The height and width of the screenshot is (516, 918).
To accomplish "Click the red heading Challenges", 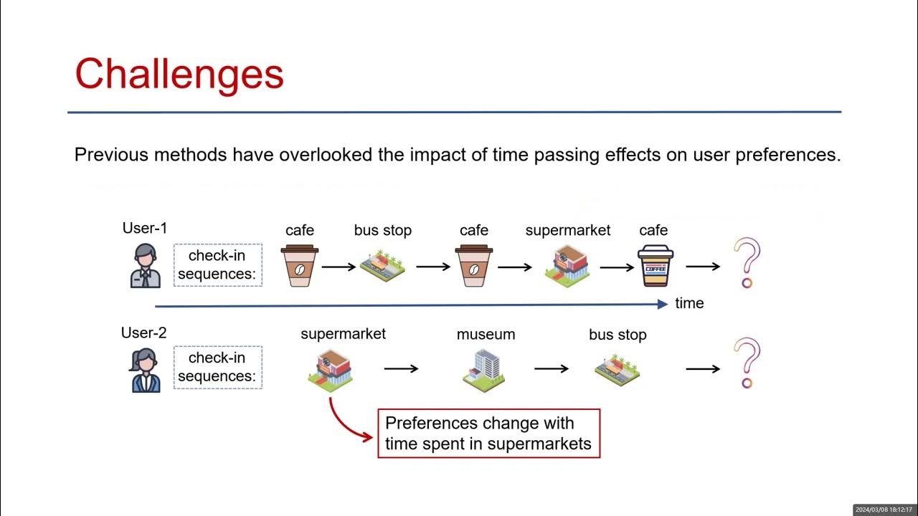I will coord(179,74).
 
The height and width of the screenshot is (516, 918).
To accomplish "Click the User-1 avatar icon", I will coord(146,266).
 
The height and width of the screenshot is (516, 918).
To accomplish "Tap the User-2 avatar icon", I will coord(146,370).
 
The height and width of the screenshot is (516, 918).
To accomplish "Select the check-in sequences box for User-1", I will coord(218,265).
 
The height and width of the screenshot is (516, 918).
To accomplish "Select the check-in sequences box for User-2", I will coord(218,367).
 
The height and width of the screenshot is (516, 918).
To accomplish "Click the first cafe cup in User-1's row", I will coord(300,265).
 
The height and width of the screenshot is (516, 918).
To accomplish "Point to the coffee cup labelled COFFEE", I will coord(656,266).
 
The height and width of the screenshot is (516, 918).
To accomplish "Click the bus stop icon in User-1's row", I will coord(382,266).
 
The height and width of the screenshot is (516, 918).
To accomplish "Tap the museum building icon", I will coord(484,369).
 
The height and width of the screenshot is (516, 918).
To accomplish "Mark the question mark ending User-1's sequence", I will coord(747,264).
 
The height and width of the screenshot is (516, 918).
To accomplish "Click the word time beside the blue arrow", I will coord(689,303).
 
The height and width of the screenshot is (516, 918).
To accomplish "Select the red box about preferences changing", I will coord(488,433).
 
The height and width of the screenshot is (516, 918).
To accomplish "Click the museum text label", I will coord(486,335).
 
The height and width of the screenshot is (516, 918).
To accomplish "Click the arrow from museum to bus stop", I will coord(552,369).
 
